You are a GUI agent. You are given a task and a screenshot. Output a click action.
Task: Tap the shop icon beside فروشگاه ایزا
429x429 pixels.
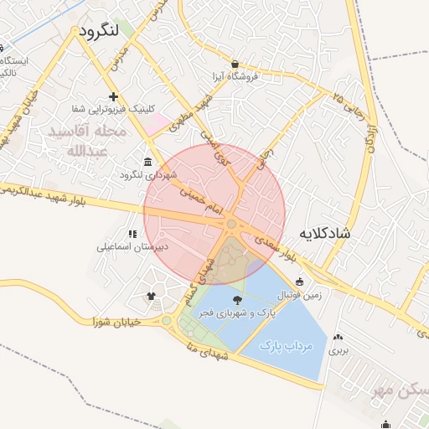tap(235, 64)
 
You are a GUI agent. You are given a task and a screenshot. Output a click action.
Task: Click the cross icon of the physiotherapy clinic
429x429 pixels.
tap(113, 97)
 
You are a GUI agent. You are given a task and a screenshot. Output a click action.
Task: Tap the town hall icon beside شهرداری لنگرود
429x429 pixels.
tap(148, 162)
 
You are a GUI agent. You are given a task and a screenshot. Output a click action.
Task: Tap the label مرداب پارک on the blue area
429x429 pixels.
tap(285, 345)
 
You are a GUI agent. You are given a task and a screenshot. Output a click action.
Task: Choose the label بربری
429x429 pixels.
tap(337, 349)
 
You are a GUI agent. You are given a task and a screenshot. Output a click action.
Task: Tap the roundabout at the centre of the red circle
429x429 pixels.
tap(230, 224)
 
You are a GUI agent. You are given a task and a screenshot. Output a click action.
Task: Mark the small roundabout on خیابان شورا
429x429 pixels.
tap(167, 321)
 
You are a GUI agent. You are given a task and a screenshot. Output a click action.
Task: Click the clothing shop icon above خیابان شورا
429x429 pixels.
tap(151, 295)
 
